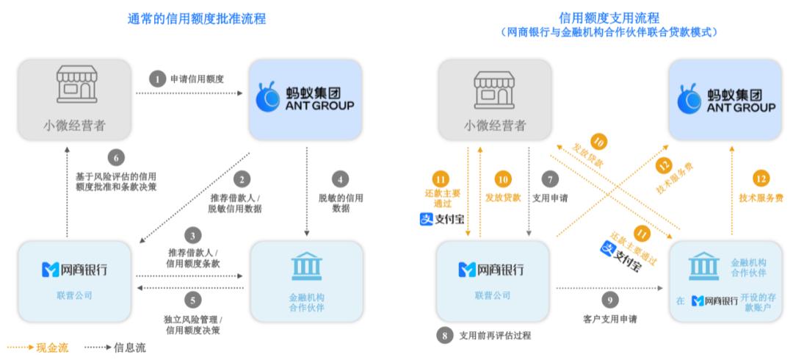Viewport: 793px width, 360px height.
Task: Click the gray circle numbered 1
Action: pos(157,79)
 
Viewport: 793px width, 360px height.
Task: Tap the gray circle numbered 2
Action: pos(242,179)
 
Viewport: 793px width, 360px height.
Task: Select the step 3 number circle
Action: pos(192,235)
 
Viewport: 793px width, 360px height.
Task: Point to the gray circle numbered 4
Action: pos(340,179)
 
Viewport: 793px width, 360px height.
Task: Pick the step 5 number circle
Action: pos(192,300)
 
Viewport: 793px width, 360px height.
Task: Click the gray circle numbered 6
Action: pos(116,159)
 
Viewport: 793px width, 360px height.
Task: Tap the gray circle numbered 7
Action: pos(550,179)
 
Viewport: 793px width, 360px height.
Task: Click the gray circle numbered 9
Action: pos(609,300)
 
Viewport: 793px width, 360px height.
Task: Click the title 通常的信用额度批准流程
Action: pos(197,18)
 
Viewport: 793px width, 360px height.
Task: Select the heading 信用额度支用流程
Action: pos(609,18)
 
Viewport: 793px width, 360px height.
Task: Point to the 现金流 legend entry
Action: pos(37,348)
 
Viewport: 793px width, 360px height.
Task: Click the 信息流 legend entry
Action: pos(115,348)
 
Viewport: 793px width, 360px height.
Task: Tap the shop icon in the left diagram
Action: pos(76,84)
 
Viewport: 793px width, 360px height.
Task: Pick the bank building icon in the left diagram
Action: pos(306,266)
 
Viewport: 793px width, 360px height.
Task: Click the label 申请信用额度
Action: pos(198,79)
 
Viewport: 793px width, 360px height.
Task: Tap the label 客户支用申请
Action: pos(609,320)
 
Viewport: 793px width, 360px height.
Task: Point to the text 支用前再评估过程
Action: pos(495,336)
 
